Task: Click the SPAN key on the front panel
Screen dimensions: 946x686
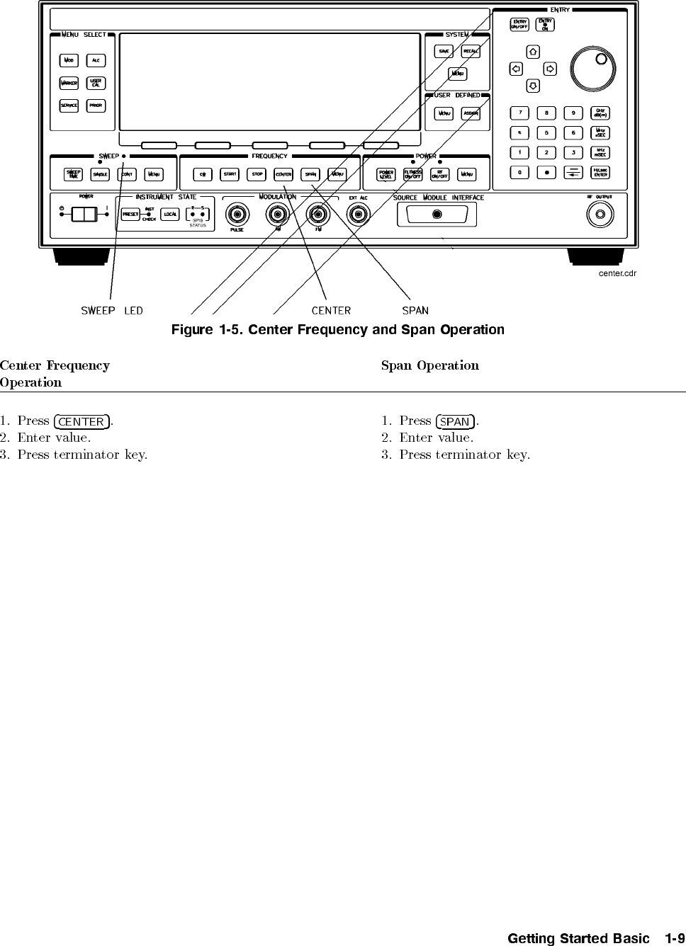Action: (x=310, y=174)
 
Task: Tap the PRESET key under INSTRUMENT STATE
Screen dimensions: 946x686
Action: (x=130, y=214)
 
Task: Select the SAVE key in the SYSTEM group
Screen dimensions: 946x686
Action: (x=444, y=52)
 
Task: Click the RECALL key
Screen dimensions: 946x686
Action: (x=471, y=52)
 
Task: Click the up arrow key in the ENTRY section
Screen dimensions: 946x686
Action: (x=533, y=52)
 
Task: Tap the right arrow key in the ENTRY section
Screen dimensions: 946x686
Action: (x=550, y=69)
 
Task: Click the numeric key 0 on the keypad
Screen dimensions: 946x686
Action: (x=519, y=172)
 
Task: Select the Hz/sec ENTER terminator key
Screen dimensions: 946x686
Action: (x=600, y=172)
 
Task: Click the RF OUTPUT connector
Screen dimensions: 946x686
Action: (x=600, y=214)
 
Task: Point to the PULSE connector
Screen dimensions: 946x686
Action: (x=237, y=214)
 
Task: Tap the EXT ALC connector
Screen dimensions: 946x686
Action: (x=358, y=214)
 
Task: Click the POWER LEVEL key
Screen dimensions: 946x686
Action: (x=386, y=174)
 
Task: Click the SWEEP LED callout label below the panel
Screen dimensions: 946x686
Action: (x=112, y=310)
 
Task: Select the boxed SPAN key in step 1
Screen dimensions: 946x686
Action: (x=456, y=421)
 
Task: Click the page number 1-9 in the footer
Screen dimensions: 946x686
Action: (x=675, y=938)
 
